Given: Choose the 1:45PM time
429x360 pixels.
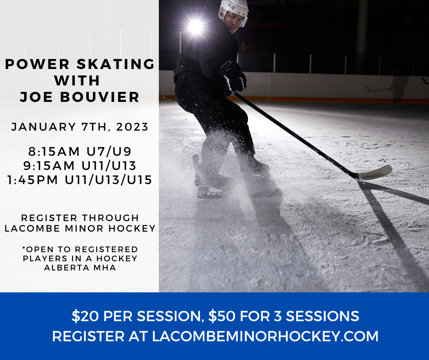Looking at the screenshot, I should pyautogui.click(x=33, y=180).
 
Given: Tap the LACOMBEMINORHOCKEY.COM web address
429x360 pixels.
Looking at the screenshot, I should pyautogui.click(x=265, y=336).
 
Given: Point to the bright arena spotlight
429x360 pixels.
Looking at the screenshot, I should pyautogui.click(x=195, y=26).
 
